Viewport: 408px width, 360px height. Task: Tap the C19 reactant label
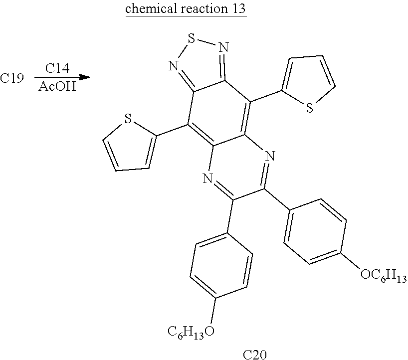pyautogui.click(x=12, y=78)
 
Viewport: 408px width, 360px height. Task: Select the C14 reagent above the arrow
pyautogui.click(x=58, y=68)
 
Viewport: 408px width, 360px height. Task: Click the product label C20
pyautogui.click(x=255, y=355)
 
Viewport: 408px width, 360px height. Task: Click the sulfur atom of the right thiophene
pyautogui.click(x=309, y=108)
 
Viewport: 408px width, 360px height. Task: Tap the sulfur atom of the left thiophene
pyautogui.click(x=128, y=119)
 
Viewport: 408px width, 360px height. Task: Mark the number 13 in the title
pyautogui.click(x=238, y=9)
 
